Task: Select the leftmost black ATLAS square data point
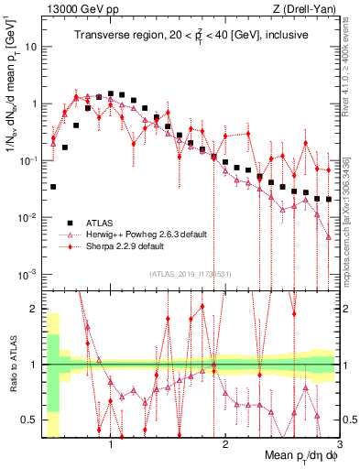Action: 53,186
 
